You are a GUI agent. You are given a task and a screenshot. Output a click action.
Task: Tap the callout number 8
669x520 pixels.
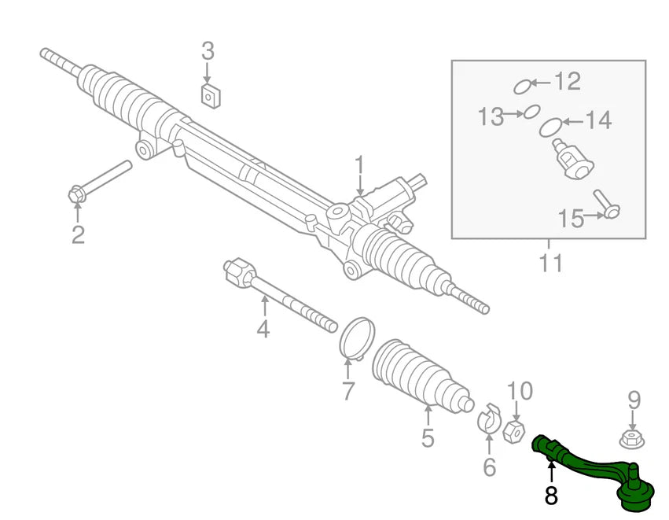[551, 496]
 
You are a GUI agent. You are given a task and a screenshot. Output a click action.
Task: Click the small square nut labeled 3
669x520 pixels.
[209, 97]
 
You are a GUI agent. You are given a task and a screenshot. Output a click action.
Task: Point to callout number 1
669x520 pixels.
[359, 166]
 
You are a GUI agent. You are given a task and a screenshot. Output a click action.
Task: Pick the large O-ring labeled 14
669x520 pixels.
[551, 127]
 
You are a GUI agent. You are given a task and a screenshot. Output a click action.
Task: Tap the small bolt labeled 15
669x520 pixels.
[606, 203]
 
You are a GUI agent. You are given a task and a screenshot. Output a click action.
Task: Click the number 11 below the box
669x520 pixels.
[551, 263]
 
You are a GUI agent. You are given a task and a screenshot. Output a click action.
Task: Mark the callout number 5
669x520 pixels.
[427, 437]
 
